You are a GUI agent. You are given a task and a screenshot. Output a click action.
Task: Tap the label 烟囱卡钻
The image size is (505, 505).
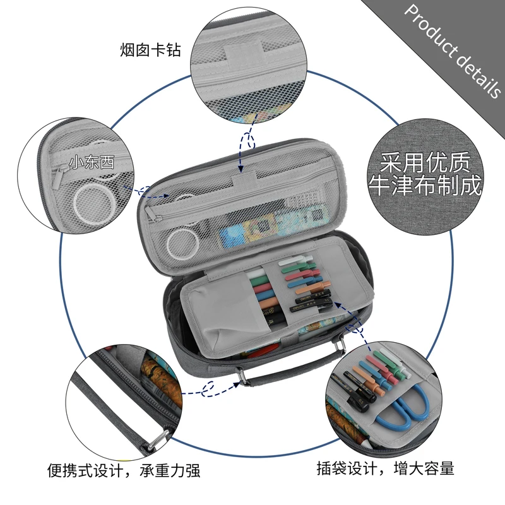click(150, 49)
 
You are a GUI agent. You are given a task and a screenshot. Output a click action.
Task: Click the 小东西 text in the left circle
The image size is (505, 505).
click(92, 162)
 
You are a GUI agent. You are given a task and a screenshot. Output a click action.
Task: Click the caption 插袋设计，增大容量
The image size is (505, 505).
click(385, 468)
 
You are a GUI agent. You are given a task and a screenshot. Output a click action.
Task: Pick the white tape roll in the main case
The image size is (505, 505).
click(183, 242)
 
